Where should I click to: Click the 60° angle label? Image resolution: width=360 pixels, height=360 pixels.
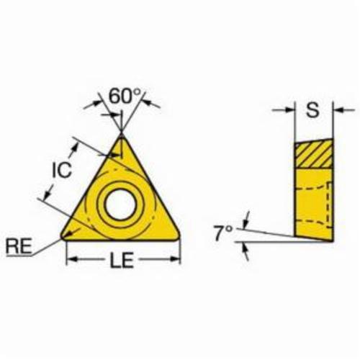pos(125,96)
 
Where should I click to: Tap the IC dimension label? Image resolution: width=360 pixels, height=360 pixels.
pos(62,169)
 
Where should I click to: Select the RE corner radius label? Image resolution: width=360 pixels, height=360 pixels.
pos(19,246)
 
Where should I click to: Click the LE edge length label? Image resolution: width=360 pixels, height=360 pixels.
pos(122,260)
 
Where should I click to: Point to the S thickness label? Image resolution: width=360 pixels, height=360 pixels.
pos(313,109)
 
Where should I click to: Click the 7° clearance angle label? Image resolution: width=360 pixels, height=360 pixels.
pos(223,233)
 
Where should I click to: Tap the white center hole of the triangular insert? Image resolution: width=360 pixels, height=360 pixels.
pos(120,204)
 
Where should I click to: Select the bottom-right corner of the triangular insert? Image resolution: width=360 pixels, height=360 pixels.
pos(178,236)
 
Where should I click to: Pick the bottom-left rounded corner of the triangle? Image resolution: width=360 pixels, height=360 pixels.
pos(63,236)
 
